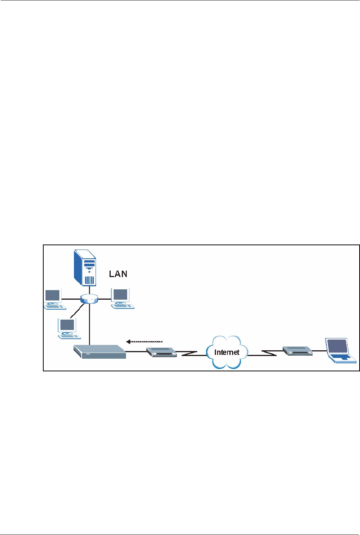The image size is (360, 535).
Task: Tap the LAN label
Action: click(118, 274)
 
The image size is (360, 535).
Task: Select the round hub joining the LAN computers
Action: click(90, 299)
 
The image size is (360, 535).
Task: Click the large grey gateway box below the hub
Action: click(100, 352)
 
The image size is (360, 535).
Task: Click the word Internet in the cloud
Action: click(227, 352)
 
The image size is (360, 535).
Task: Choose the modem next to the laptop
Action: click(297, 350)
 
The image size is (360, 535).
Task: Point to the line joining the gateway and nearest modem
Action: click(136, 351)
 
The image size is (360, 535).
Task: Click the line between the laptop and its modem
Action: click(319, 351)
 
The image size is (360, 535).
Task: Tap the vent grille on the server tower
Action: click(89, 279)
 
